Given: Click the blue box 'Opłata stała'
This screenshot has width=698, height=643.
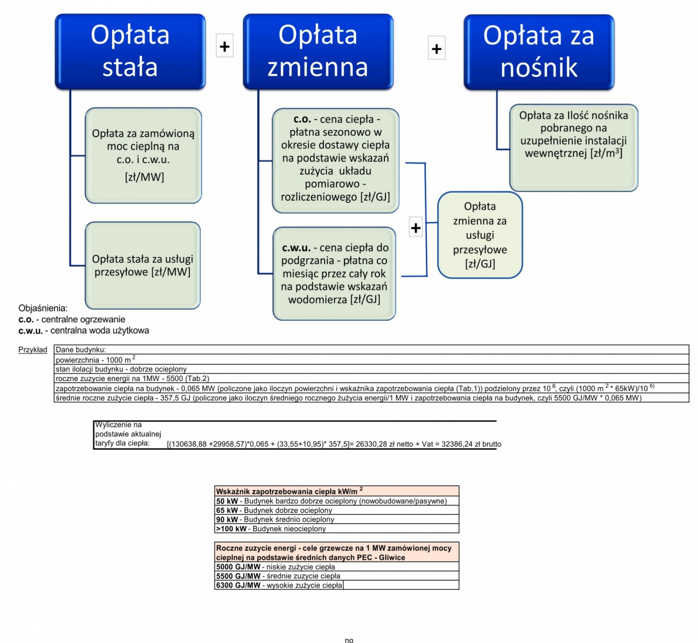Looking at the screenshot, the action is tap(130, 52).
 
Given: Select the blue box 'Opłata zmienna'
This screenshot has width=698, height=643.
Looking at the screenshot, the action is tap(318, 52).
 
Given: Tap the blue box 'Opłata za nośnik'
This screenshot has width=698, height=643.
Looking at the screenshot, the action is tap(539, 52).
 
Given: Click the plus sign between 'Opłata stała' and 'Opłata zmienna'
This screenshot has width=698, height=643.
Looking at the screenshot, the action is tap(224, 46).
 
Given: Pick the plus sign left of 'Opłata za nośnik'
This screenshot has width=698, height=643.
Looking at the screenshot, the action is tap(436, 48).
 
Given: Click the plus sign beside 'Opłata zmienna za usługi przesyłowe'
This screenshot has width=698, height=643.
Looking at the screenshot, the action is tap(416, 227).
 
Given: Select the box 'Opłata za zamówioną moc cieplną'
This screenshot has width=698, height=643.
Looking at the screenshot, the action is tap(143, 155).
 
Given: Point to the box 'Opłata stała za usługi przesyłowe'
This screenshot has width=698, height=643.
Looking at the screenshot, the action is tap(143, 266).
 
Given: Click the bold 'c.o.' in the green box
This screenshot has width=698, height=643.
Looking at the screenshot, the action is tap(302, 119).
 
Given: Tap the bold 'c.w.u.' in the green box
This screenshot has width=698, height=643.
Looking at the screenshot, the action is tap(296, 248).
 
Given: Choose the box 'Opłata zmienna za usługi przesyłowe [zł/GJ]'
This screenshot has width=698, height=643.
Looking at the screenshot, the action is tap(480, 235).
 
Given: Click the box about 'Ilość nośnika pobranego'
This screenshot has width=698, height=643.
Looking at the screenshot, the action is tap(573, 147).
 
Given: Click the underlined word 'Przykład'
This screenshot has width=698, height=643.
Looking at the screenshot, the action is tap(33, 350).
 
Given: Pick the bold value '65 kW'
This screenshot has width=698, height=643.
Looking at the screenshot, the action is tap(227, 510).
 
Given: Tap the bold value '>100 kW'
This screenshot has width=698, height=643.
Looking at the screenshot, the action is tap(231, 529).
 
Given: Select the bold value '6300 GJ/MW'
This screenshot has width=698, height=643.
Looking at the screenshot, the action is tap(238, 585).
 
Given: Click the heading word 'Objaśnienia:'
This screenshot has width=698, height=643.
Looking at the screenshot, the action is tap(43, 308).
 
